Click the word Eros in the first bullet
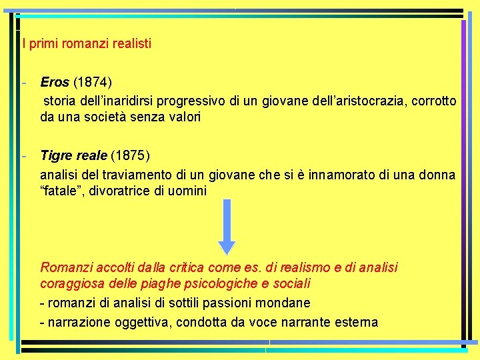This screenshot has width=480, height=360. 55,83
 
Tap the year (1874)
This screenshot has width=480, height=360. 93,83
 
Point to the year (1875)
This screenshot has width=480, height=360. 131,156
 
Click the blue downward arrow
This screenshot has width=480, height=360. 227,227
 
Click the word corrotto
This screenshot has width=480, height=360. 435,101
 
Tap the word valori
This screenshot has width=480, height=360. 184,117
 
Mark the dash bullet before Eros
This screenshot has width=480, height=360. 23,83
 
